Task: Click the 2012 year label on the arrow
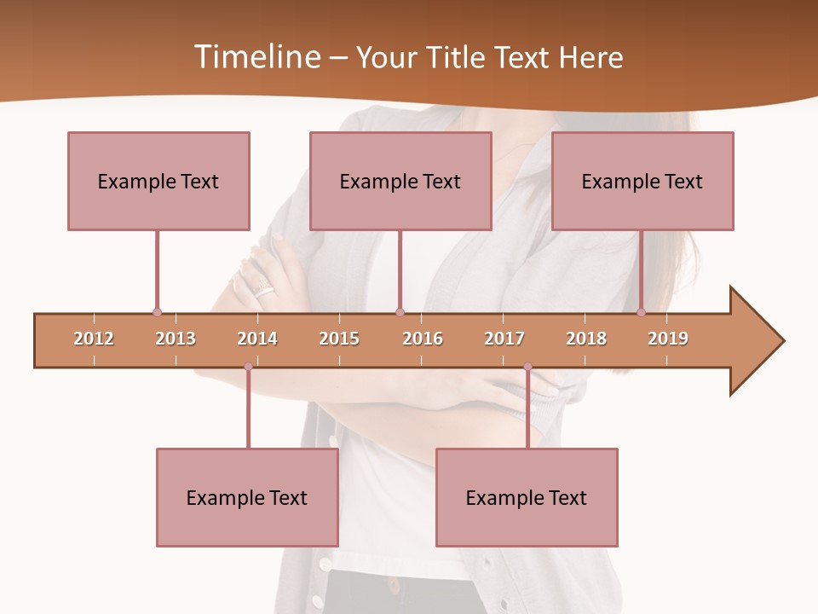point(94,339)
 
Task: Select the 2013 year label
point(176,339)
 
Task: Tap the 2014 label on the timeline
point(257,339)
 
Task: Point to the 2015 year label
point(339,339)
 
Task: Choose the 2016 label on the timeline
point(423,339)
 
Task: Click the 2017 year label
point(504,339)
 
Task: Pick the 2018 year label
point(586,339)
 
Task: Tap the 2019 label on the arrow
point(668,339)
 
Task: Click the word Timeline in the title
point(256,57)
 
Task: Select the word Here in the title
point(590,57)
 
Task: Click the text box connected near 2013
point(158,181)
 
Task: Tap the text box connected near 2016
point(400,181)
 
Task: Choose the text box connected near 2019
point(642,181)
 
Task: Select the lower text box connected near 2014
point(247,497)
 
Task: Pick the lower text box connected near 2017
point(527,497)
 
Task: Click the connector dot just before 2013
point(157,312)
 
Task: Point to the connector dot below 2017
point(527,368)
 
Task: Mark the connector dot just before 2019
point(642,312)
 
